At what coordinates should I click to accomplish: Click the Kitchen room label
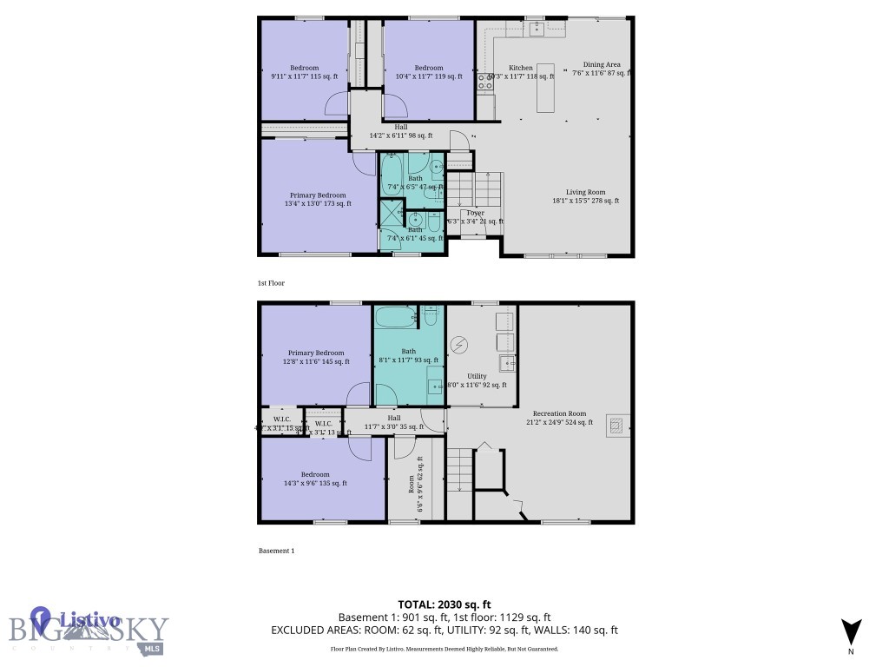[521, 68]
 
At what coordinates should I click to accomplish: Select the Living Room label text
[585, 193]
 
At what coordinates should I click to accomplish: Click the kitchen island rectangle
[546, 88]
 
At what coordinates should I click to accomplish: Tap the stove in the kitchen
[483, 82]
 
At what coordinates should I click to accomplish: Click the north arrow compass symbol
[851, 632]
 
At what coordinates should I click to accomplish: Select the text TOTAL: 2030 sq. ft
[444, 604]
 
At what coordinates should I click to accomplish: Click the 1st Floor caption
[271, 283]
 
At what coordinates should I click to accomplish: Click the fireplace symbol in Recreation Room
[616, 425]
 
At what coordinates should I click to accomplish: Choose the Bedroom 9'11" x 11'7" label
[304, 69]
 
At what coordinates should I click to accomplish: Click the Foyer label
[475, 213]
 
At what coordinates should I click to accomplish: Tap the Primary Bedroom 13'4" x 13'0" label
[318, 195]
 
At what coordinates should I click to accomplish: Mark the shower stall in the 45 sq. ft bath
[391, 213]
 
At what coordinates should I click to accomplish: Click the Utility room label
[477, 376]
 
